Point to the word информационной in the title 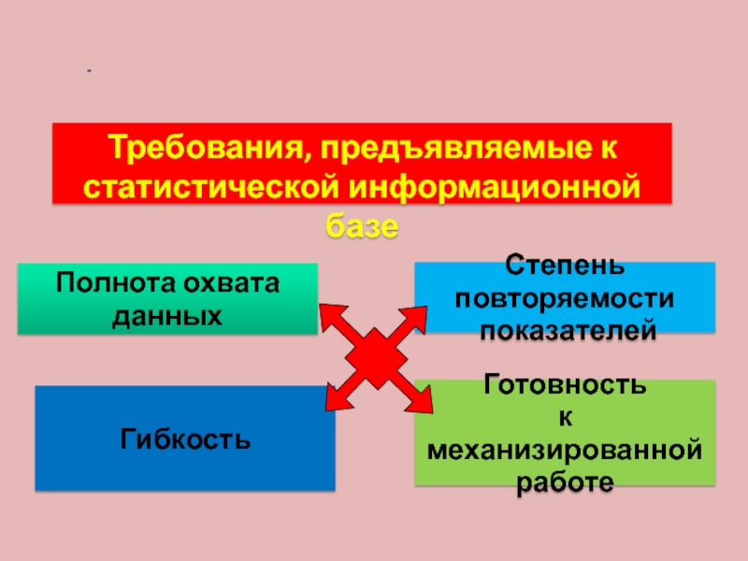point(496,187)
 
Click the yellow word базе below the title point(362,226)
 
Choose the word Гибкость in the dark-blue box point(184,438)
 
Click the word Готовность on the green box point(564,384)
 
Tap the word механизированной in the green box point(564,451)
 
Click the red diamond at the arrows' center point(377,358)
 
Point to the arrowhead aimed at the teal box point(330,314)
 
